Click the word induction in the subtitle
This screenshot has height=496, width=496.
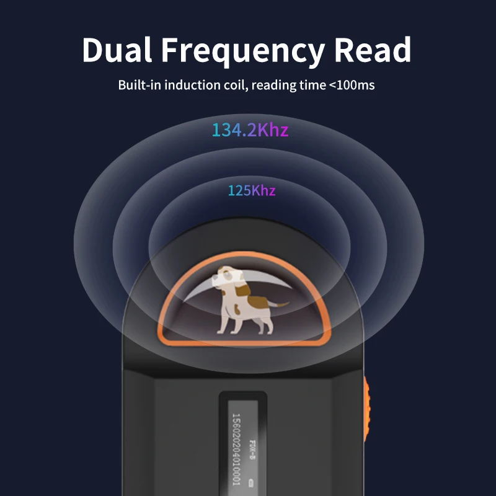click(189, 85)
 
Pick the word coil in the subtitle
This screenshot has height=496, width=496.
click(234, 85)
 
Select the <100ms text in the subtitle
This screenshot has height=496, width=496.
click(352, 85)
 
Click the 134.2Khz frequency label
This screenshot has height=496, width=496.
click(250, 130)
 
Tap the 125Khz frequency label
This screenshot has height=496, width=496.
click(251, 190)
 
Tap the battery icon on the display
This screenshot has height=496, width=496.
click(251, 482)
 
